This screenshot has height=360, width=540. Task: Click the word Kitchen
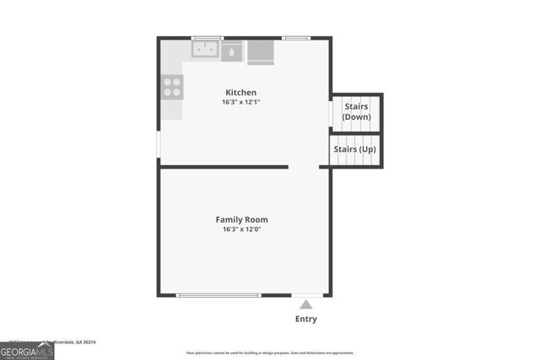coord(240,93)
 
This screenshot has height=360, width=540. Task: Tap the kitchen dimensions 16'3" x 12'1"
coord(240,103)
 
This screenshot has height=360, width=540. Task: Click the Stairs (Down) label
coord(356,111)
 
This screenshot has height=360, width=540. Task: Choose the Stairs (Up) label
coord(355,149)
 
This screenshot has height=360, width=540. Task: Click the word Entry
coord(305,320)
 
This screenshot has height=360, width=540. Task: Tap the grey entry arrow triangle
coord(305,304)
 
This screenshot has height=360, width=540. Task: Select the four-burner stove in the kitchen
coord(172,86)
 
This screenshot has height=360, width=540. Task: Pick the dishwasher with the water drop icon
coord(231,51)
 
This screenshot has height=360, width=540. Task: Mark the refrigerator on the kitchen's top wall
coord(261,51)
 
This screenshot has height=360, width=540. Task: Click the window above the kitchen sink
coord(207,38)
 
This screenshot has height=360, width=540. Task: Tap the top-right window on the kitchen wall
coord(295,38)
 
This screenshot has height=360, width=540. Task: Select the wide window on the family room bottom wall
coord(219,295)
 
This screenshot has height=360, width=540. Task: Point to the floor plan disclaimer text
coord(270,353)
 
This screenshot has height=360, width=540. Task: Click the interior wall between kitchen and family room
coord(224,167)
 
